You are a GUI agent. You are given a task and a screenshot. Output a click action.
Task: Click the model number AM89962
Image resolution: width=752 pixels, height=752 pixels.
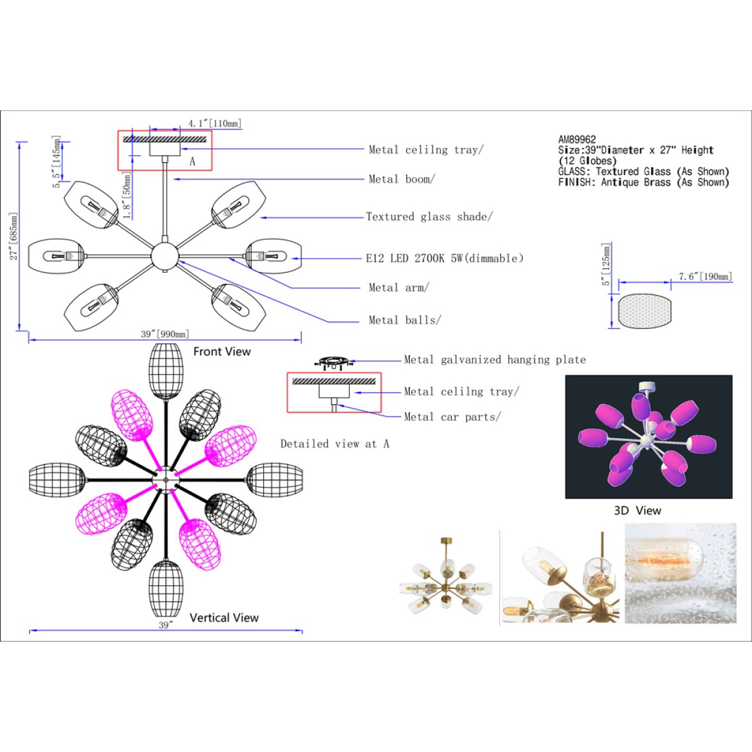[577, 140]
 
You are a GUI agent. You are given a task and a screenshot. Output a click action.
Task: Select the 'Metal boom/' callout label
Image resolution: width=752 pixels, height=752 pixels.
[402, 179]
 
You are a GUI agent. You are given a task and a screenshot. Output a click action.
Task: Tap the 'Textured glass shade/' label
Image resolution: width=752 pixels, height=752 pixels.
[429, 217]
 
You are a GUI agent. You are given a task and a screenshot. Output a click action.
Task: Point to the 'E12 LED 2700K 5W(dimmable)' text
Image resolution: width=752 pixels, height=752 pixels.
[444, 258]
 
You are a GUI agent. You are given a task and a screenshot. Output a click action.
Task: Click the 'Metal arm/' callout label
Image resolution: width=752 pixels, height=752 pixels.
[399, 288]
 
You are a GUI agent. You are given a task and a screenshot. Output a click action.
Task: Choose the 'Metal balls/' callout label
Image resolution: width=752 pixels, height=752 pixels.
[405, 320]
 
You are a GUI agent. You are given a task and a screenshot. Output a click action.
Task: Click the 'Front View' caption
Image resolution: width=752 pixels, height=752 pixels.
[222, 352]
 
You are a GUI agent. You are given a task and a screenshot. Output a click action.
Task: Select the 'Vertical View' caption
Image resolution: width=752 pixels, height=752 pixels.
[224, 618]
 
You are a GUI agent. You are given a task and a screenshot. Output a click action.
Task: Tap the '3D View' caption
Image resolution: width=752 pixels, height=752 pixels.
[637, 511]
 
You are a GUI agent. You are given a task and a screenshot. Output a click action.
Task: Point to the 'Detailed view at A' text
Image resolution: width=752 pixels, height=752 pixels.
[335, 444]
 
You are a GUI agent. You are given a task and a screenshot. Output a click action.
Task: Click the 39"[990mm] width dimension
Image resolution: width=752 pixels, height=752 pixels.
[165, 334]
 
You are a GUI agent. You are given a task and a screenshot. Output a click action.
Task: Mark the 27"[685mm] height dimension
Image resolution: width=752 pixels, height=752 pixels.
[14, 236]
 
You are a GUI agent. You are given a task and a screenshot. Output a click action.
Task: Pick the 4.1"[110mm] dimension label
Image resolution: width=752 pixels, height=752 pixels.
[215, 123]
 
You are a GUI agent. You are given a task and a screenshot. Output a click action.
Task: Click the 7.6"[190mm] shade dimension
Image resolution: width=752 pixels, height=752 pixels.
[705, 276]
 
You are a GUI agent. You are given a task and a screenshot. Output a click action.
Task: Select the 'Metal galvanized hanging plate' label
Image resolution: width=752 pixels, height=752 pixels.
[495, 360]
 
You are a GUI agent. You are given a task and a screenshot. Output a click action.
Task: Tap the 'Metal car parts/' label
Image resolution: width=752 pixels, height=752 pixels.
[452, 417]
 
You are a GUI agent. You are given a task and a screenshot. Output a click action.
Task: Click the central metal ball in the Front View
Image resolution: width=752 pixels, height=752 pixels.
[165, 256]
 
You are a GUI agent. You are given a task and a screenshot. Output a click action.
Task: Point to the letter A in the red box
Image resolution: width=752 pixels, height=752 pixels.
[192, 161]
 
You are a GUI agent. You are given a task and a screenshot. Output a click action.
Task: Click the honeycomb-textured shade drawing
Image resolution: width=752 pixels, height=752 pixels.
[645, 311]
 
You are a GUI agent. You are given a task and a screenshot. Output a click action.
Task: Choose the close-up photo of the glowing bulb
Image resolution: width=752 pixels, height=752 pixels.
[681, 573]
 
